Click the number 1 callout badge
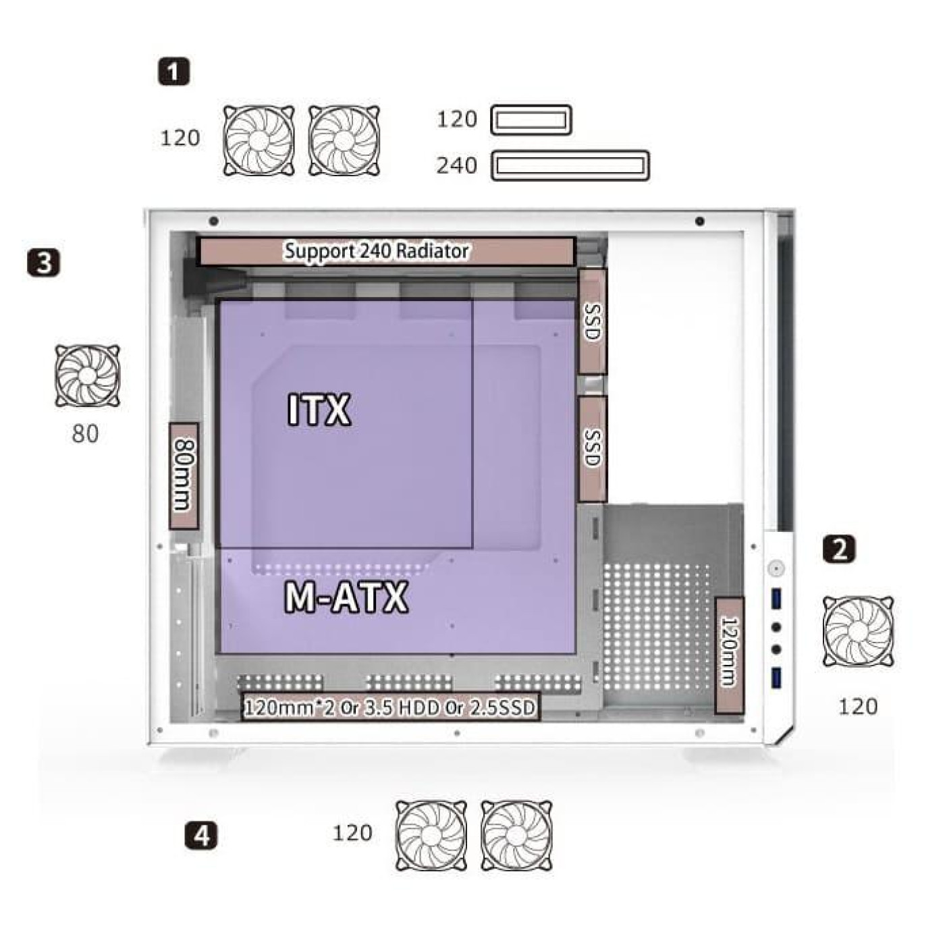173,72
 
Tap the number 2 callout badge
839,549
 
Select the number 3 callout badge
44,263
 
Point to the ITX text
319,410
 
